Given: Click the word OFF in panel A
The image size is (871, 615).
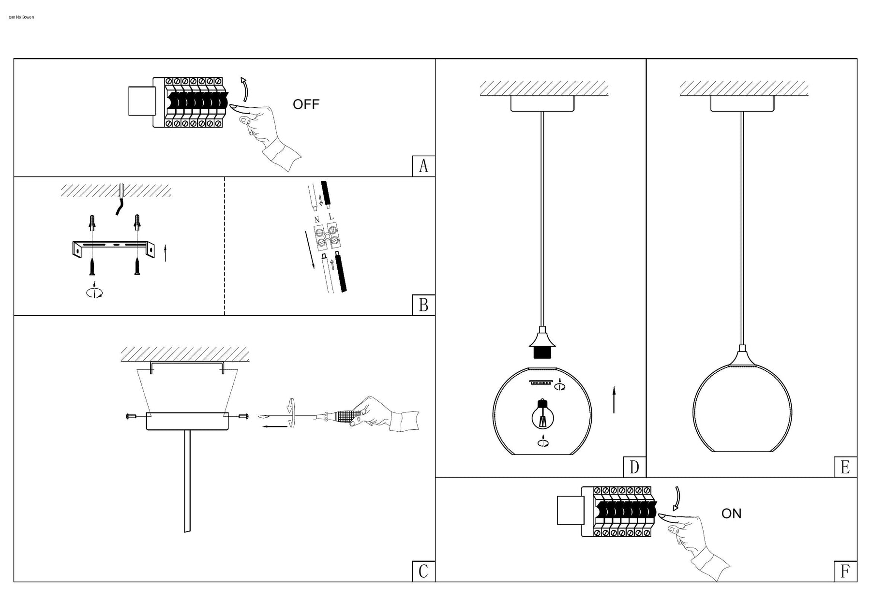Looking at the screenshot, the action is click(306, 104).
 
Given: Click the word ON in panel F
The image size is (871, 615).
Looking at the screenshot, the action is click(731, 513).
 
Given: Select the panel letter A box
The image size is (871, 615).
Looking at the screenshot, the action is click(423, 166).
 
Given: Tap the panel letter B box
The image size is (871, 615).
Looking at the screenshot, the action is click(423, 305).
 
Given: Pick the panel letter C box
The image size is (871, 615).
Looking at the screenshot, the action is click(423, 571).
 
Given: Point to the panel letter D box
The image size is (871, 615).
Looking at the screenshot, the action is click(634, 467).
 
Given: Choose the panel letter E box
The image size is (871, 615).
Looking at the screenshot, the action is click(845, 467).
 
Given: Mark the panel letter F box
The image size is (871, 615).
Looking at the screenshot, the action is click(845, 571).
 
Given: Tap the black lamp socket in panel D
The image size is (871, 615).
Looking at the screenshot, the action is click(542, 352).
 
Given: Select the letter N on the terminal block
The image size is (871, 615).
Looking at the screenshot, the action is click(317, 220).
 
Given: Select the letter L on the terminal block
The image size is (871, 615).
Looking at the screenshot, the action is click(331, 217).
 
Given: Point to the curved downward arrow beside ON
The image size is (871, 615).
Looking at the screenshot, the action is click(676, 498).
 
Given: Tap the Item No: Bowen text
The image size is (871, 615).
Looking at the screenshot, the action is click(21, 17).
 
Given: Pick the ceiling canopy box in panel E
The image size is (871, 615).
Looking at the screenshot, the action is click(742, 103).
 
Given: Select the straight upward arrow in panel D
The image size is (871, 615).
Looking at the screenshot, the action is click(614, 400).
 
